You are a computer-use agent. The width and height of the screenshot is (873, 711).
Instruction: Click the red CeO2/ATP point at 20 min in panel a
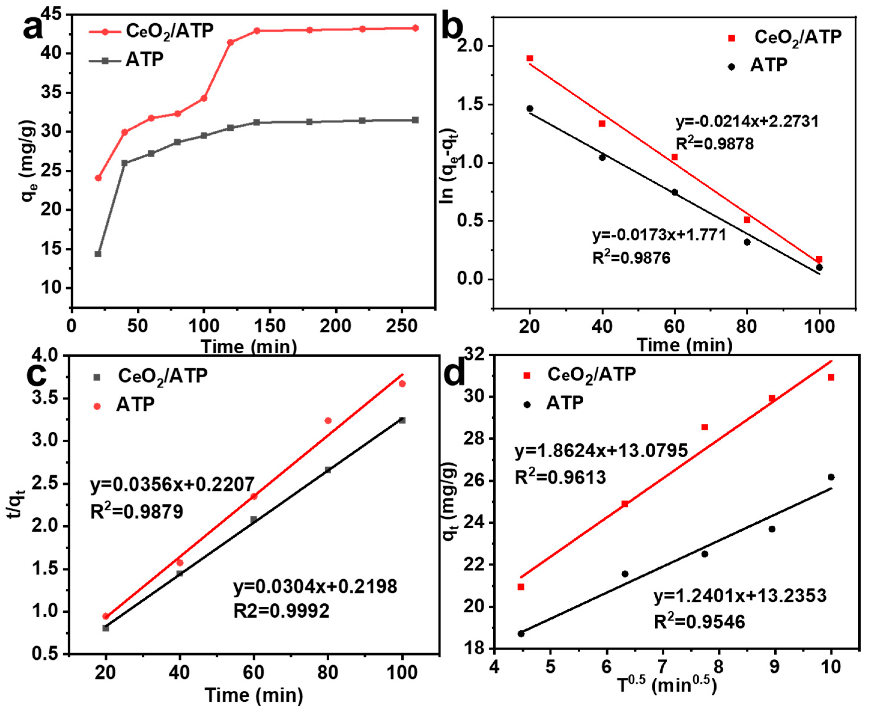(x=98, y=178)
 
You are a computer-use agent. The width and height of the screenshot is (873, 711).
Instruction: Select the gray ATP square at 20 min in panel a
(x=98, y=254)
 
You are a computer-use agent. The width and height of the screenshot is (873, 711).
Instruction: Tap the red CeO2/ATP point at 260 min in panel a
(x=415, y=28)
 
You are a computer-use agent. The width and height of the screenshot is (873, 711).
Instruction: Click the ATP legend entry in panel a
(x=144, y=60)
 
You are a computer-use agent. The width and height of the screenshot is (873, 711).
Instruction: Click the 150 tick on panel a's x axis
(x=270, y=326)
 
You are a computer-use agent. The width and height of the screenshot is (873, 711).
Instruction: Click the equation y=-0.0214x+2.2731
(x=747, y=122)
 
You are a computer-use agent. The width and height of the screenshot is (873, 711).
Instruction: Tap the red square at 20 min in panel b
(x=530, y=58)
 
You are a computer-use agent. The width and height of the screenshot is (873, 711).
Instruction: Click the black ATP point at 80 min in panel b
(x=747, y=242)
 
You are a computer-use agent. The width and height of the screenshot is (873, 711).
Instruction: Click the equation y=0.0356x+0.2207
(x=172, y=484)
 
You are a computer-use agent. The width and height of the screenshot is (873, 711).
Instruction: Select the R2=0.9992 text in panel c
(x=282, y=611)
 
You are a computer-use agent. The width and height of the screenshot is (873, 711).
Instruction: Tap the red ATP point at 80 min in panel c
(x=328, y=421)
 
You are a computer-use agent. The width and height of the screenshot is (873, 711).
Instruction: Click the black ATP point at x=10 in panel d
(x=831, y=477)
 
